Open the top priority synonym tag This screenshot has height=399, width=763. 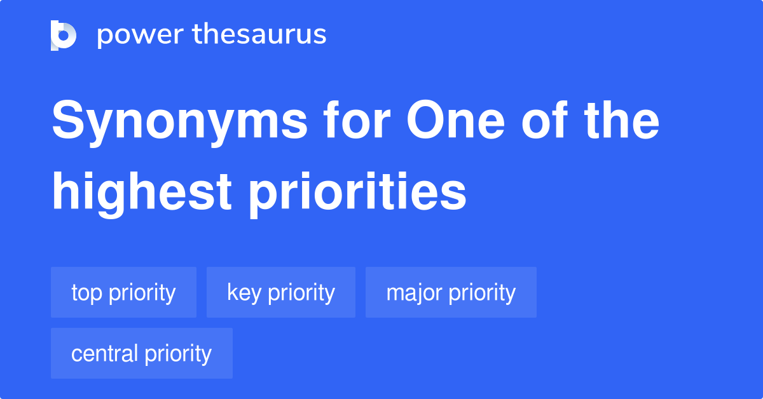coord(123,292)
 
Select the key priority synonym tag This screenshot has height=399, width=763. coord(280,292)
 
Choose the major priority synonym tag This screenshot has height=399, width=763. coord(451,292)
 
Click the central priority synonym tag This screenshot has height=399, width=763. coord(141,353)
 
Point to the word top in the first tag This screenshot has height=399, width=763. coord(87,294)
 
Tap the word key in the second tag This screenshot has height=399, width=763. coord(244,294)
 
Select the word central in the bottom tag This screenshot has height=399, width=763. coord(104,353)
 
